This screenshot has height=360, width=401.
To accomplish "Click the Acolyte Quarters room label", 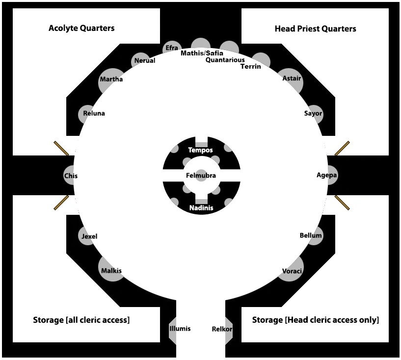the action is click(x=81, y=28).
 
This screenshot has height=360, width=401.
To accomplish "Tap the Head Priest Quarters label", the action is click(x=315, y=28).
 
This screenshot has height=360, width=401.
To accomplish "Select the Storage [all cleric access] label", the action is click(x=81, y=320).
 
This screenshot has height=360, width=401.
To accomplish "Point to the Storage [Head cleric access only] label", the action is click(x=316, y=320).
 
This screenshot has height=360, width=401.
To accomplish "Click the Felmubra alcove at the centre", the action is click(x=201, y=176).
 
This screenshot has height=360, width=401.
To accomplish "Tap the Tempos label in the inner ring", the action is click(x=200, y=150).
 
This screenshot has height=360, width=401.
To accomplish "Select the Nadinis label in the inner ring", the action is click(x=201, y=208).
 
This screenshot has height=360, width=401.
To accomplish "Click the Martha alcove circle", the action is click(x=111, y=81).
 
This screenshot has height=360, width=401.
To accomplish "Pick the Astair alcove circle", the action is click(x=291, y=81).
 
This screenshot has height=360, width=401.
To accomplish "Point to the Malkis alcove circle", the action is click(x=111, y=269).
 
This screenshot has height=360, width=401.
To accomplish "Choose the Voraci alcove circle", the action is click(x=291, y=269).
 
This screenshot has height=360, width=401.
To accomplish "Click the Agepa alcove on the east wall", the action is click(x=332, y=175).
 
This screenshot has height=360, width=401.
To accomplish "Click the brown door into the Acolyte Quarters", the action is click(x=61, y=148).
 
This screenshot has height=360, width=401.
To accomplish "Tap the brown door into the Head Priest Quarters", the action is click(x=342, y=148).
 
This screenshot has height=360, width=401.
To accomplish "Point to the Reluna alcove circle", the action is click(x=86, y=114).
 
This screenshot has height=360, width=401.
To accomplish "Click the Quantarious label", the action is click(x=225, y=60).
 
